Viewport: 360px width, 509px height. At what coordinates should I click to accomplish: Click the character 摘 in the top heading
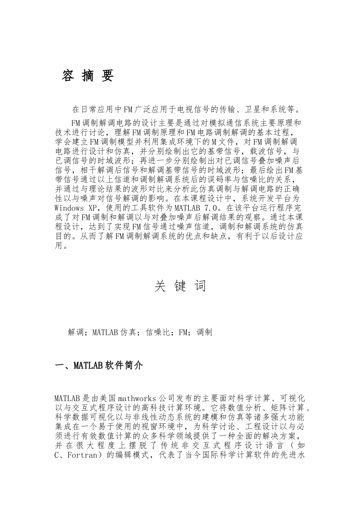click(88, 76)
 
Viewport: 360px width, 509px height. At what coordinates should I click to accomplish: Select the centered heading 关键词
click(180, 286)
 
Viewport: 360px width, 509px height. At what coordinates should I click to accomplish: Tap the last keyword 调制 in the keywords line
click(205, 333)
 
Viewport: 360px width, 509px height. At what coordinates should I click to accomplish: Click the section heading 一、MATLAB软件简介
click(99, 366)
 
